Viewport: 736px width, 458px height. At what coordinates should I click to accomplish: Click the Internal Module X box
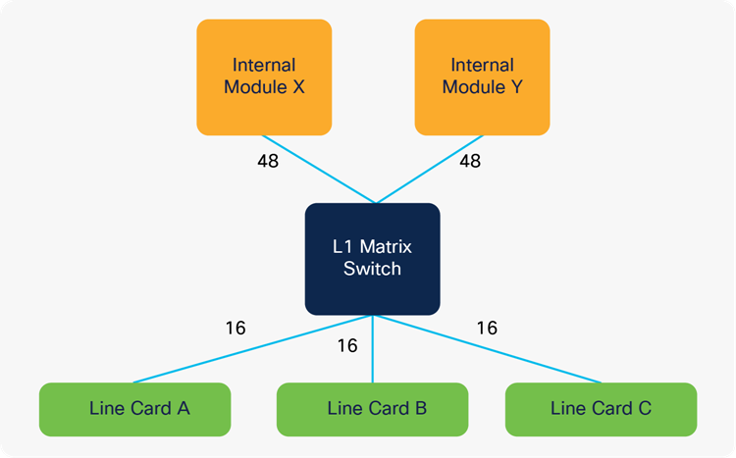264,76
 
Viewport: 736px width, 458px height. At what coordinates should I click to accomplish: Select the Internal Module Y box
482,76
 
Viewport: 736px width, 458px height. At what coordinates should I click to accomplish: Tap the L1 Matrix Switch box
372,259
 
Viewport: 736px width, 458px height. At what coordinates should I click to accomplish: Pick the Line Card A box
134,408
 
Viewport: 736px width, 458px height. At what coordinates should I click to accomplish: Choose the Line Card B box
372,408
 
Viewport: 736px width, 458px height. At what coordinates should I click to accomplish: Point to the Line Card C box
601,408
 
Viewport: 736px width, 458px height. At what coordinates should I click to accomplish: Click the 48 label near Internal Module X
267,160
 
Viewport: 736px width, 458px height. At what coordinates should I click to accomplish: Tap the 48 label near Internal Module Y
470,160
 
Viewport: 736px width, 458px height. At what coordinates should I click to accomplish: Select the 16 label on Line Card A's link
235,328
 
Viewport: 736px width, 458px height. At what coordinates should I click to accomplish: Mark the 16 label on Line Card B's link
346,345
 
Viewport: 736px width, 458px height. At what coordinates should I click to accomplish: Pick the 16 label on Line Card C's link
487,328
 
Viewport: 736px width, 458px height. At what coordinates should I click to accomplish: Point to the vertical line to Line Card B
372,353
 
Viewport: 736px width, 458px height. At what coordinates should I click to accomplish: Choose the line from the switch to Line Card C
486,348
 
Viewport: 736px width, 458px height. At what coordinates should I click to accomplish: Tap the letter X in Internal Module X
298,86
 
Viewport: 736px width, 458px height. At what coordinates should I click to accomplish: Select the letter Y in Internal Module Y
516,86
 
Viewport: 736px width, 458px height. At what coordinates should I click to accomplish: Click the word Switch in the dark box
372,269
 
